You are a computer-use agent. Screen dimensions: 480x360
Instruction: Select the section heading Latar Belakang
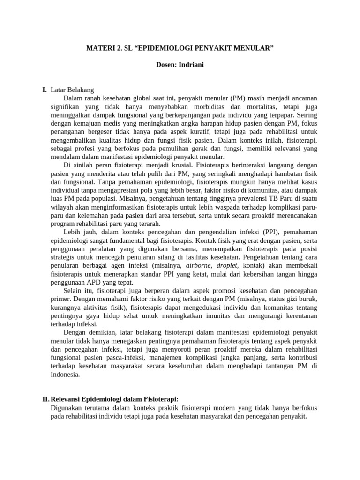pyautogui.click(x=73, y=90)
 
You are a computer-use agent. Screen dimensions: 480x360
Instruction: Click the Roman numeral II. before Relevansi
pyautogui.click(x=45, y=399)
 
